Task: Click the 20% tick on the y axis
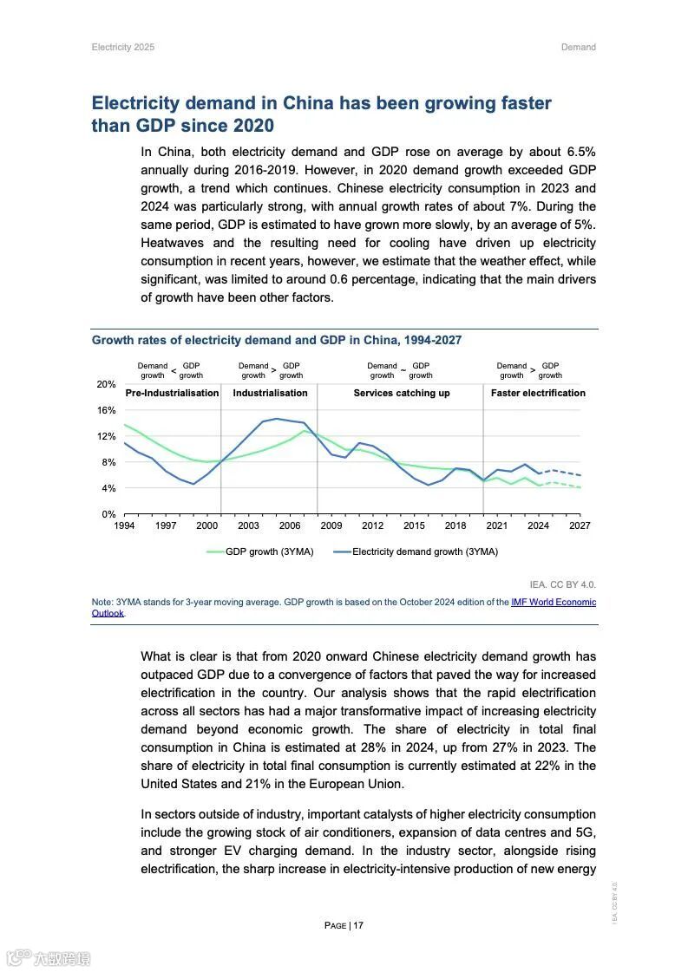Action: click(x=106, y=384)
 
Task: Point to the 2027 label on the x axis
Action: click(x=580, y=525)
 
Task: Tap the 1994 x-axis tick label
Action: click(x=124, y=525)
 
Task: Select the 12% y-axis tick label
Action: click(x=106, y=436)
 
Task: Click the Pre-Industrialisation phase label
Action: click(x=172, y=393)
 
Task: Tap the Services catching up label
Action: click(x=401, y=393)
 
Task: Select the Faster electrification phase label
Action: click(x=538, y=393)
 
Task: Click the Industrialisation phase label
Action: click(x=270, y=393)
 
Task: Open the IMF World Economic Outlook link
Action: click(x=553, y=602)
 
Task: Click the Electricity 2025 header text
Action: click(x=122, y=47)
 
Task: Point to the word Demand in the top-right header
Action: click(x=578, y=47)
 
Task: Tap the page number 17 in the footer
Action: click(x=358, y=925)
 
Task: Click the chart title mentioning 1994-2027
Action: click(x=276, y=340)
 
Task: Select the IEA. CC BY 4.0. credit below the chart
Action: click(x=562, y=584)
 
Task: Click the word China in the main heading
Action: click(x=303, y=103)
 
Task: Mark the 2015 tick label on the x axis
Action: click(x=414, y=525)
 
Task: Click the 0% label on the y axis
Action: click(x=108, y=514)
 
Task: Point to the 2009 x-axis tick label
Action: click(x=331, y=525)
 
